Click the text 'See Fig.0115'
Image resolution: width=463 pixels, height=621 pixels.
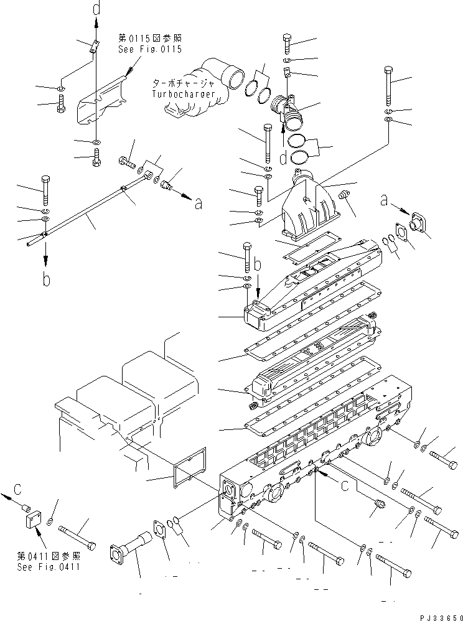point(150,50)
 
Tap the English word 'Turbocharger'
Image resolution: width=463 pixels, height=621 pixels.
point(184,94)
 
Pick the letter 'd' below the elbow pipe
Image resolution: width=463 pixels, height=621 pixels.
point(284,158)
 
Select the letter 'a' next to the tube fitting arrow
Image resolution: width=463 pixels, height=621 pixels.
point(198,203)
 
